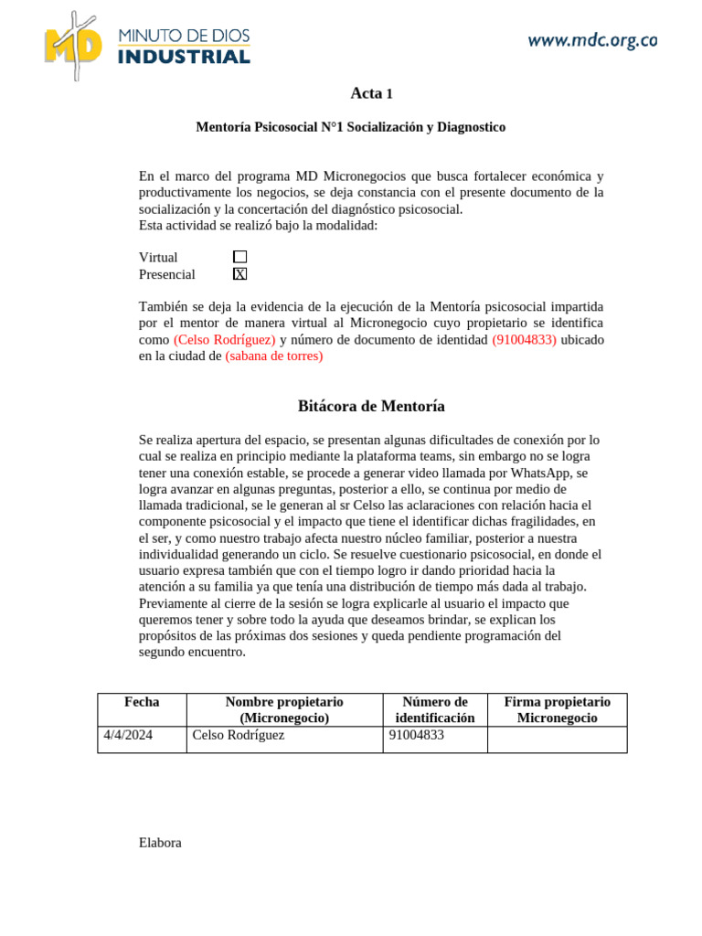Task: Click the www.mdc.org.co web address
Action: (592, 40)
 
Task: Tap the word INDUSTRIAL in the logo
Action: (184, 57)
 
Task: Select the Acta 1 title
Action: (371, 93)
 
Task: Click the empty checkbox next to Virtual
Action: (239, 258)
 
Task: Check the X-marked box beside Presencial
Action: (239, 274)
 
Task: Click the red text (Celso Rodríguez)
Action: (224, 340)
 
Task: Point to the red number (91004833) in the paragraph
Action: (524, 340)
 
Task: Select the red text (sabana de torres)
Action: (273, 356)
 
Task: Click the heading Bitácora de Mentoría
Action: (371, 406)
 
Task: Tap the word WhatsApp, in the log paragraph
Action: (540, 473)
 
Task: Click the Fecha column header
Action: (142, 702)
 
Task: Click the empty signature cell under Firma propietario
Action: (557, 739)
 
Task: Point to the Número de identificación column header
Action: (434, 710)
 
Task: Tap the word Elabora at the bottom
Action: (160, 843)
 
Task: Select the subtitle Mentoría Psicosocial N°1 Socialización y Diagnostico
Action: (350, 128)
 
